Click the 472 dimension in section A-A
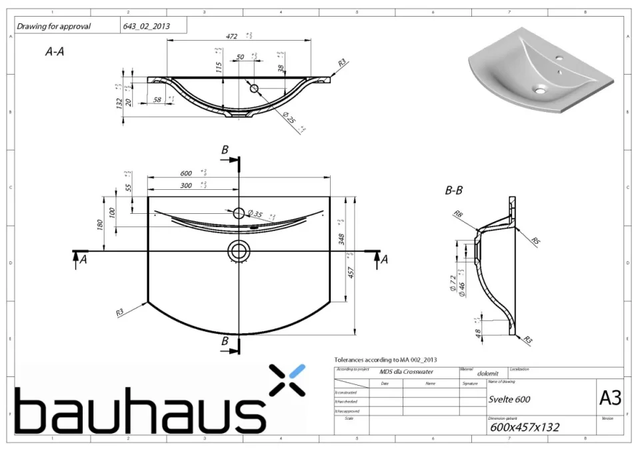(x=232, y=36)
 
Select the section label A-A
(x=54, y=51)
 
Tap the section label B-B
(x=454, y=191)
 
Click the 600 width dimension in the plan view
(x=186, y=173)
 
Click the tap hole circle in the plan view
(x=238, y=214)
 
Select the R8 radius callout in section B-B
(x=459, y=215)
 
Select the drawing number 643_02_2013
(x=146, y=27)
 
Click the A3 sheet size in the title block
(x=610, y=398)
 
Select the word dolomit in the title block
(x=488, y=374)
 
